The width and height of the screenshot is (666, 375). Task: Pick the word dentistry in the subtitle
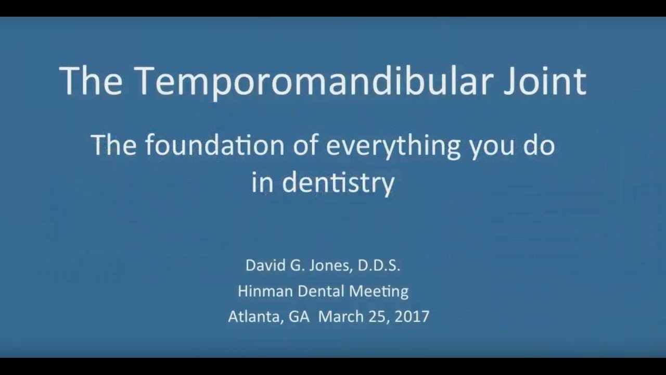click(x=338, y=184)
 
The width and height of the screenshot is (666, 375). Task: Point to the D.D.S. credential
click(x=379, y=266)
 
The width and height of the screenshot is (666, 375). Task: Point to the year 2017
click(x=412, y=316)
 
